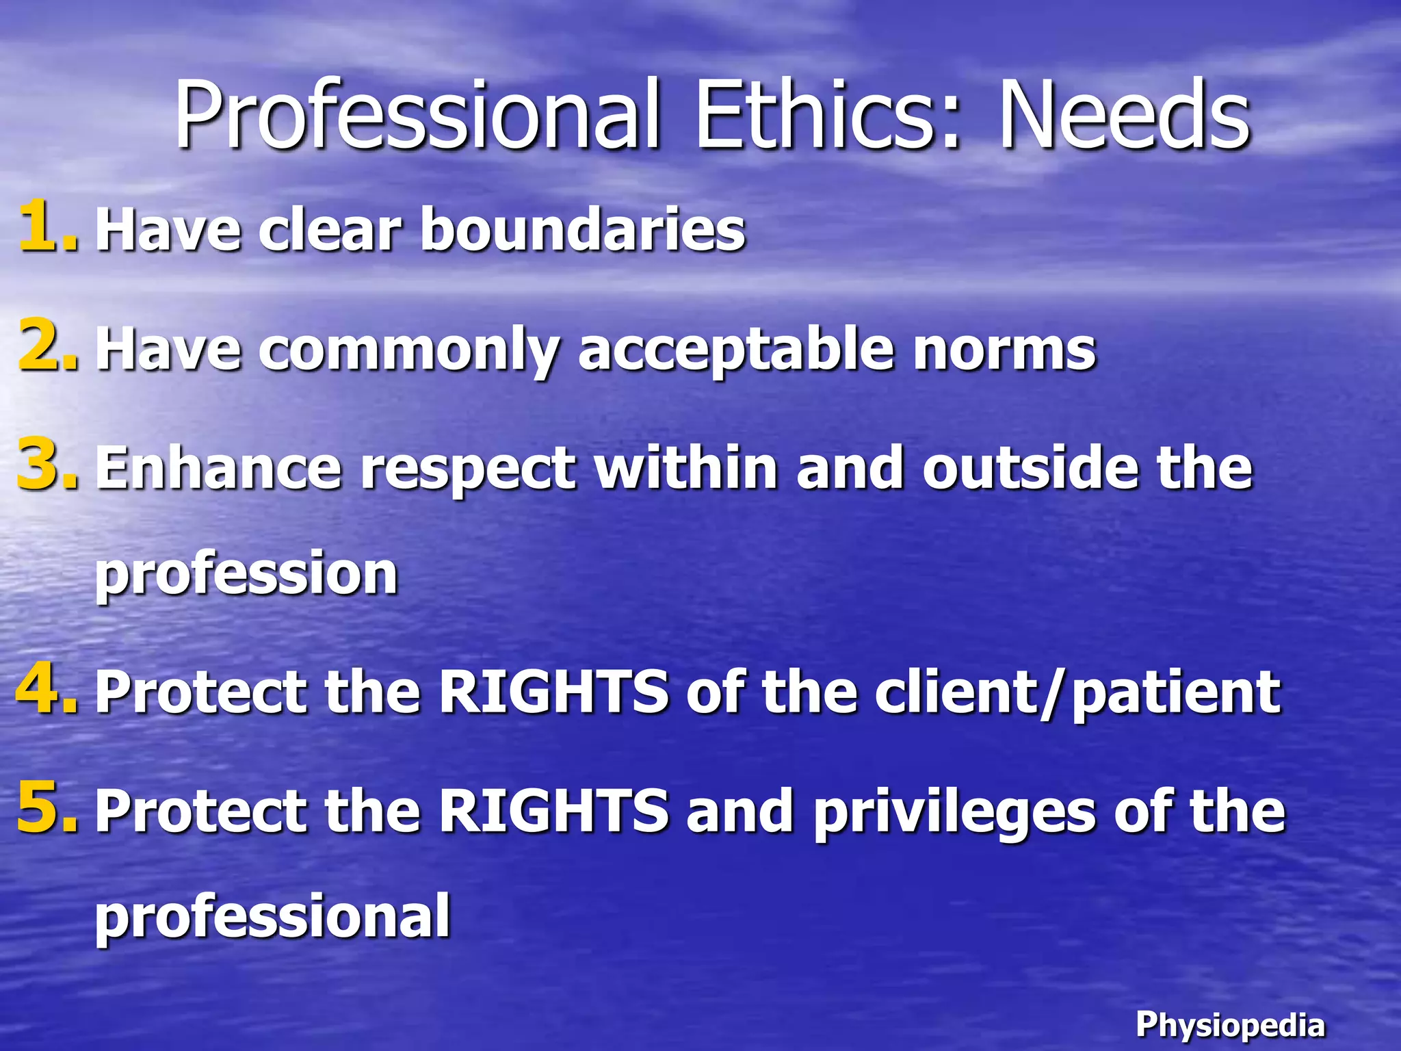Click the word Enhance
[218, 469]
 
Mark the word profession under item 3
[246, 573]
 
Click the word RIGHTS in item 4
[553, 692]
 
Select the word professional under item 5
[272, 917]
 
